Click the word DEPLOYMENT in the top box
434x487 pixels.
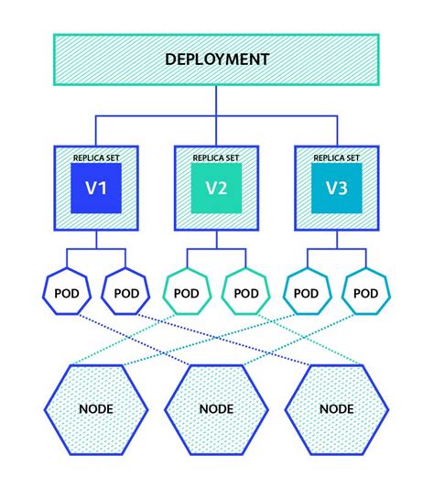click(217, 60)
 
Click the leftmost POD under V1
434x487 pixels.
click(66, 294)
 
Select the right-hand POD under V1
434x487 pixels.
click(125, 294)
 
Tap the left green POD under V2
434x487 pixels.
click(187, 294)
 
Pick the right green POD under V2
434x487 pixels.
click(245, 294)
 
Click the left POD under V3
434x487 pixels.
click(307, 294)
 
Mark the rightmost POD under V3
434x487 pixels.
click(365, 294)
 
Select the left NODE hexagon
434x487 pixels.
click(96, 408)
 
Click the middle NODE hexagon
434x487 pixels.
click(217, 408)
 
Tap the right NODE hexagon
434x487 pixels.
click(336, 408)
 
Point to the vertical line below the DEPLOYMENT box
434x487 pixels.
click(217, 101)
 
